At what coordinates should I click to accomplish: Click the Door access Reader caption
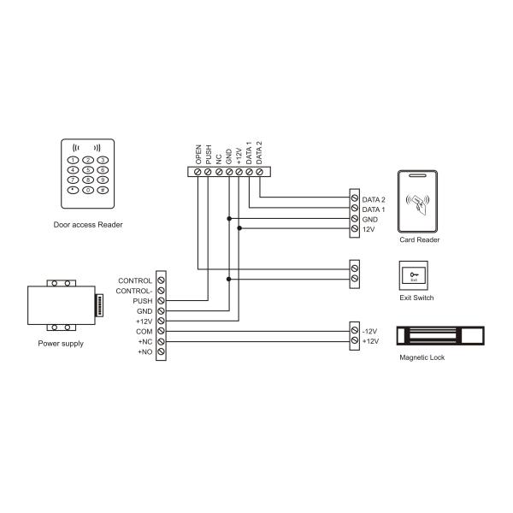pyautogui.click(x=88, y=225)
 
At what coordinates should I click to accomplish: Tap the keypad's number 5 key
pyautogui.click(x=88, y=170)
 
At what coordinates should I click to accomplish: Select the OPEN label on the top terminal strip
pyautogui.click(x=199, y=154)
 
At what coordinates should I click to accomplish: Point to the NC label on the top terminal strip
pyautogui.click(x=219, y=158)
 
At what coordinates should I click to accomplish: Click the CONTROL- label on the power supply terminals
pyautogui.click(x=135, y=291)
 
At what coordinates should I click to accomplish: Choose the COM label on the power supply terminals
pyautogui.click(x=144, y=331)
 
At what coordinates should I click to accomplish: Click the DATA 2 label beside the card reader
pyautogui.click(x=374, y=198)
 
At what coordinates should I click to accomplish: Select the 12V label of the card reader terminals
pyautogui.click(x=369, y=229)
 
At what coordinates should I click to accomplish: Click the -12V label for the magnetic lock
pyautogui.click(x=370, y=331)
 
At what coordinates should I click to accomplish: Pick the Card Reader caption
pyautogui.click(x=420, y=240)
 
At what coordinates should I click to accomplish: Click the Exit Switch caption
pyautogui.click(x=417, y=298)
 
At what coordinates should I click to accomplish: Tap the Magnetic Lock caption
pyautogui.click(x=422, y=357)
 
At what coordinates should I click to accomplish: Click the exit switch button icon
pyautogui.click(x=415, y=274)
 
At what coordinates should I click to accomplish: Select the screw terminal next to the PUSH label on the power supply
pyautogui.click(x=161, y=301)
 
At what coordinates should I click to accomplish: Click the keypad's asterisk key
pyautogui.click(x=74, y=191)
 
